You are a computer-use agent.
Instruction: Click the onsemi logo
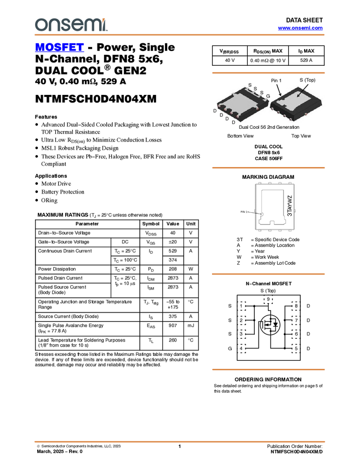coord(71,25)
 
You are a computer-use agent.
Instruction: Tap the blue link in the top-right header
coord(300,28)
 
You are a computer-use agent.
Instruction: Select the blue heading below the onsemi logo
coord(59,48)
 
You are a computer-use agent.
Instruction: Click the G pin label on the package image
coord(268,96)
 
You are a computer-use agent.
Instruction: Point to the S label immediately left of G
coord(261,93)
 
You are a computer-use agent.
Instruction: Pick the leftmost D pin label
coord(221,115)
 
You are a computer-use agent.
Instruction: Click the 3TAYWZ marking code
coord(290,205)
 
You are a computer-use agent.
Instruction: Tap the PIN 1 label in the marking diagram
coord(244,211)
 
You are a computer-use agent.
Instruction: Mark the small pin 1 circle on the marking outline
coord(262,214)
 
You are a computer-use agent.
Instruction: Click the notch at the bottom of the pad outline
coord(271,221)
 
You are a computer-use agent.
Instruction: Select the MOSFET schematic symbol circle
coord(270,325)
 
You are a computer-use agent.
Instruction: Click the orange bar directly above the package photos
coord(268,72)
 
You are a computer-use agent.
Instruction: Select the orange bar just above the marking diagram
coord(268,168)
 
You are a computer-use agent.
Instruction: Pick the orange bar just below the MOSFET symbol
coord(268,370)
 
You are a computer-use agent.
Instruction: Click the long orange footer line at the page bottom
coord(179,441)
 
